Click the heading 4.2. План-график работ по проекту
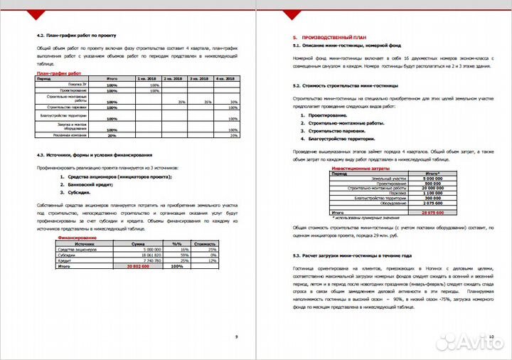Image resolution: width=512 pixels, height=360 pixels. pos(76,35)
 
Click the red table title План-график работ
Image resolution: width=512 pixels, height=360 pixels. pos(58,73)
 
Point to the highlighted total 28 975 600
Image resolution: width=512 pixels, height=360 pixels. pos(432,212)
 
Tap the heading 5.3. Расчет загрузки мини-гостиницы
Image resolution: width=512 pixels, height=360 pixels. pos(352,255)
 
